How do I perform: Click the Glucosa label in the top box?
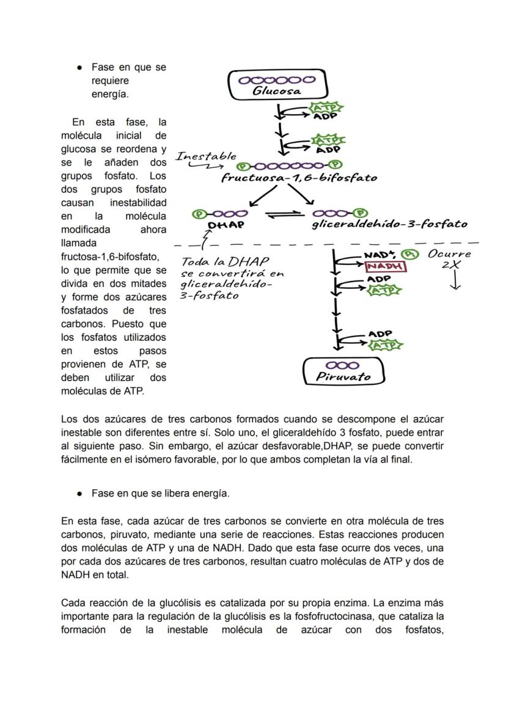coord(277,91)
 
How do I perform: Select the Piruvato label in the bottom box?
coord(343,377)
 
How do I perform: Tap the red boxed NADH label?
coord(385,267)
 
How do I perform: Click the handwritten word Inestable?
coord(206,156)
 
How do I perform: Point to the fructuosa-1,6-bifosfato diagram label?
coord(299,178)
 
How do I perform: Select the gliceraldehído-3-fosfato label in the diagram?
coord(389,224)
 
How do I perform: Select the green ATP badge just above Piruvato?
coord(384,346)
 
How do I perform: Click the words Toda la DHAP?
coord(217,261)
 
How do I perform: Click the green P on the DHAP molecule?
coord(199,214)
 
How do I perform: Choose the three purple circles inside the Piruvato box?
coord(343,365)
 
